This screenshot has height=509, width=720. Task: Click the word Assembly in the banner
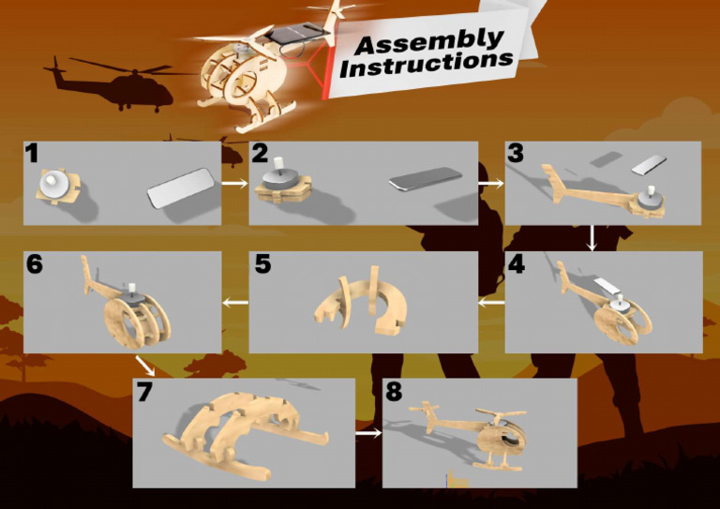click(428, 41)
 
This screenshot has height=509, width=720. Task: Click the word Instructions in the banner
click(427, 64)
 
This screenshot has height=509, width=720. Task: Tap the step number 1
click(31, 154)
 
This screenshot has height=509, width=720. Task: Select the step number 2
click(260, 154)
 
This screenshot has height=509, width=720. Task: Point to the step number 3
click(516, 154)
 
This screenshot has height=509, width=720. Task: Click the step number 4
click(517, 264)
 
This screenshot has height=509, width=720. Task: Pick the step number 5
click(262, 264)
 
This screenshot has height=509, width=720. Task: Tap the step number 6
click(35, 264)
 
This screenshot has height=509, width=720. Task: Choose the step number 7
click(144, 392)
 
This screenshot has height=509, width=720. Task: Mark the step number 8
click(394, 392)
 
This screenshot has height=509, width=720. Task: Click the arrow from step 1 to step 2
click(234, 184)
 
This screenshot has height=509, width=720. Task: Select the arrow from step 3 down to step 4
click(592, 238)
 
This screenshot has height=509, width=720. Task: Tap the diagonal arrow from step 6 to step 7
click(146, 366)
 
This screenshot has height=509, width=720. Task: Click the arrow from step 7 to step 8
click(368, 433)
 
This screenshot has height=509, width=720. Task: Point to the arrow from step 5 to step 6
click(235, 303)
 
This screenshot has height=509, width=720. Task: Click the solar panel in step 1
click(181, 187)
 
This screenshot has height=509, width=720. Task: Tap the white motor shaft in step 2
click(278, 164)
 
